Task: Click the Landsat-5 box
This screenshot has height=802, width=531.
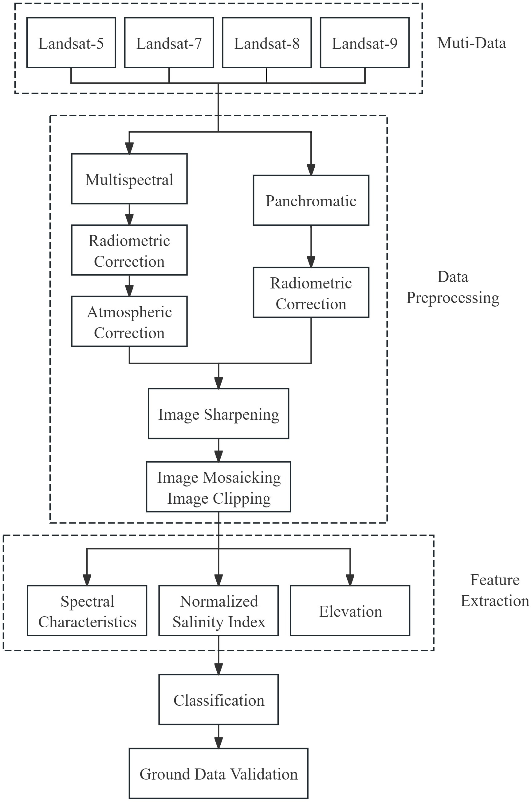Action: (71, 43)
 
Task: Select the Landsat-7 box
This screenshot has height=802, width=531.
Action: (169, 43)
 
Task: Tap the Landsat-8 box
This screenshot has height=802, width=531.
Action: (267, 43)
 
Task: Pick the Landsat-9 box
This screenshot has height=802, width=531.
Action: (365, 43)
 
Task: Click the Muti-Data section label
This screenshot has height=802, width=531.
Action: (471, 43)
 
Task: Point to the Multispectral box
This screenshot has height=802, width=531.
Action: (129, 179)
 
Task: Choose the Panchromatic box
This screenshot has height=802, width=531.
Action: (311, 200)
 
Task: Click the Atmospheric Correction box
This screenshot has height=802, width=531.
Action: (129, 322)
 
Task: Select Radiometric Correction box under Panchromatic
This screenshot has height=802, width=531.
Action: (311, 293)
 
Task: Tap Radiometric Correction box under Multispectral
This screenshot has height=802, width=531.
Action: (129, 250)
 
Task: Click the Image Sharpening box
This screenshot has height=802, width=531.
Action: (218, 414)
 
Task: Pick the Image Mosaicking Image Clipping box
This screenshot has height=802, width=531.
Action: (218, 487)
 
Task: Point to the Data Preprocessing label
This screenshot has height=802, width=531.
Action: (453, 287)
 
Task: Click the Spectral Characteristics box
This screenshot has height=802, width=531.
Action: (87, 611)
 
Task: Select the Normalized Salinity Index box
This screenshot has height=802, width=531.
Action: (218, 611)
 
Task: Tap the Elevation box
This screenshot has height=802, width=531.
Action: (350, 611)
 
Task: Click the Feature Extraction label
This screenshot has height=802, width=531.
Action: (495, 590)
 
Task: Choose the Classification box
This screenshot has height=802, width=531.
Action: (218, 700)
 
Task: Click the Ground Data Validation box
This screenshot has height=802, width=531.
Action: (218, 774)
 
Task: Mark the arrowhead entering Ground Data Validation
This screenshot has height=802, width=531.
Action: (218, 743)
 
